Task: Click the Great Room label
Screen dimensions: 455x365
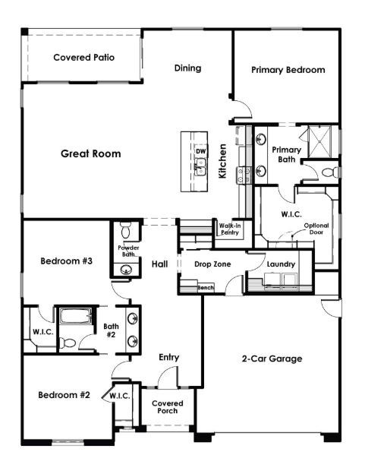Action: (x=90, y=153)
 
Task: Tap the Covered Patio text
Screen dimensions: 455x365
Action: (x=83, y=58)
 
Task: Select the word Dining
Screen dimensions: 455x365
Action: (x=187, y=68)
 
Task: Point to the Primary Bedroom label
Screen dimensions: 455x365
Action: (x=288, y=70)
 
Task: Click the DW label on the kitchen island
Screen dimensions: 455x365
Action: (x=200, y=151)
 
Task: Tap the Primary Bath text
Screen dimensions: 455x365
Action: (x=287, y=154)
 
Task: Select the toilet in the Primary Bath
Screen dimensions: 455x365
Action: (x=329, y=173)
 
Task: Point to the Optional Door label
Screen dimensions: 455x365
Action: (x=316, y=230)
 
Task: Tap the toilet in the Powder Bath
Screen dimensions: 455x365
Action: (x=127, y=228)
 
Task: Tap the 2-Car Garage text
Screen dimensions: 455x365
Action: (x=272, y=359)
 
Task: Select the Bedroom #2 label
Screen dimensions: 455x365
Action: (x=65, y=395)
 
